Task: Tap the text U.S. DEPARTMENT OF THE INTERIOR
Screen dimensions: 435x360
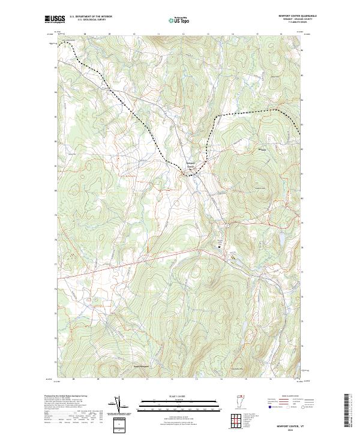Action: pos(91,17)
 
